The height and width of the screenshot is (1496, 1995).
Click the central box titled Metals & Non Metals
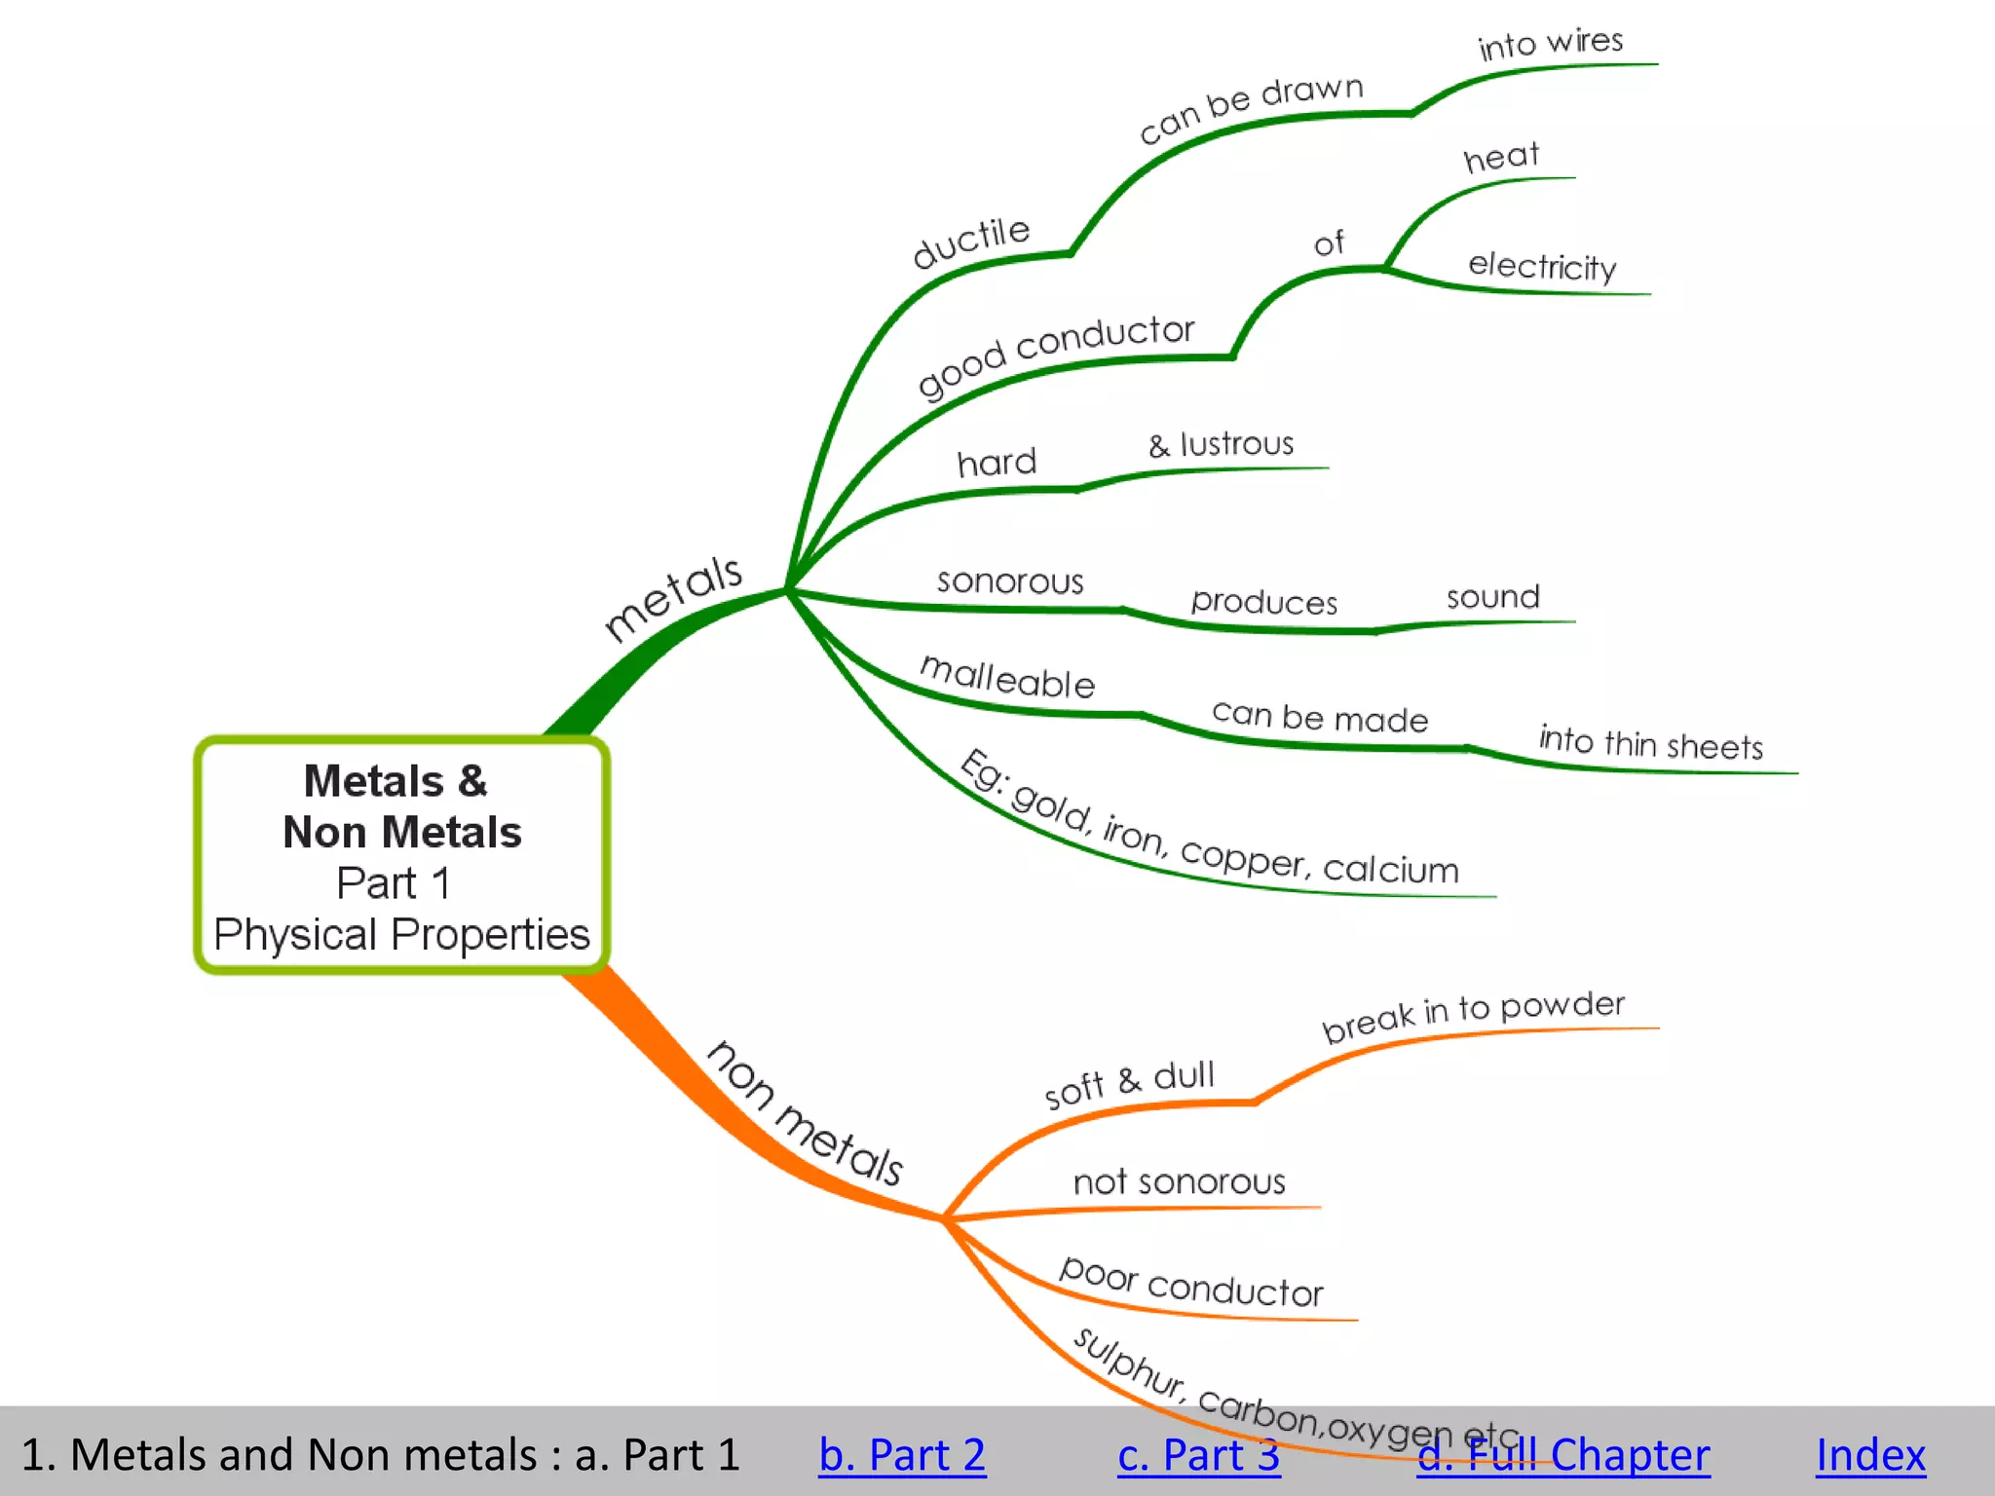(401, 855)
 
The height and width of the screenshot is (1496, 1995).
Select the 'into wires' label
(1550, 43)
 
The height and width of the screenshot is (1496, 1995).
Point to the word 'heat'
(1501, 157)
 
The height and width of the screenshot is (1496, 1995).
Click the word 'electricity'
(1542, 266)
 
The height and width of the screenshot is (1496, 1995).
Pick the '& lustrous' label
(1221, 445)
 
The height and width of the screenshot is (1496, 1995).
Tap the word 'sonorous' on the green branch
(1010, 581)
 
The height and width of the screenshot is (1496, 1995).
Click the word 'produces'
(1263, 602)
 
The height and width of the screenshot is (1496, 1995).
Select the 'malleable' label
(1007, 677)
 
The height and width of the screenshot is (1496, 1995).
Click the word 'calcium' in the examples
(1391, 869)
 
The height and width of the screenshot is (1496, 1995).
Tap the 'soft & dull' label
(1129, 1083)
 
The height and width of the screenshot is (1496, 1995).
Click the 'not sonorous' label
(1179, 1182)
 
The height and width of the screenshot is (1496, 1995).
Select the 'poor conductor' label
(1191, 1282)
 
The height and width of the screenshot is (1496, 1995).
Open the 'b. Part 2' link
(902, 1455)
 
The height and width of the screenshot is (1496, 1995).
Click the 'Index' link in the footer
(1870, 1455)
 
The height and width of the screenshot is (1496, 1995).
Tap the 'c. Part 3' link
(1198, 1455)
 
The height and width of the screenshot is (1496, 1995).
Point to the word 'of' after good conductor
(1329, 243)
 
